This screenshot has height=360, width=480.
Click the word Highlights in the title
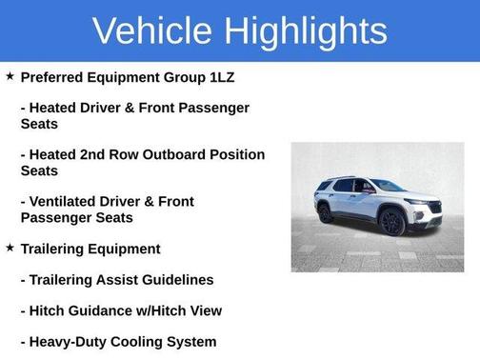tap(308, 31)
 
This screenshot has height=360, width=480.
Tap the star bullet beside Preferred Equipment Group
tap(10, 76)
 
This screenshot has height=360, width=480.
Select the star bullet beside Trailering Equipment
tap(10, 248)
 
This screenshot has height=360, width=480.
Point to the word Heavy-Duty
tap(70, 342)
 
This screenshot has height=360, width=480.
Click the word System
tap(193, 342)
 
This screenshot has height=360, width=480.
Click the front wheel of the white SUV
tap(391, 222)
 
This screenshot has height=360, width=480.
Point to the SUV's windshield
tap(386, 185)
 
